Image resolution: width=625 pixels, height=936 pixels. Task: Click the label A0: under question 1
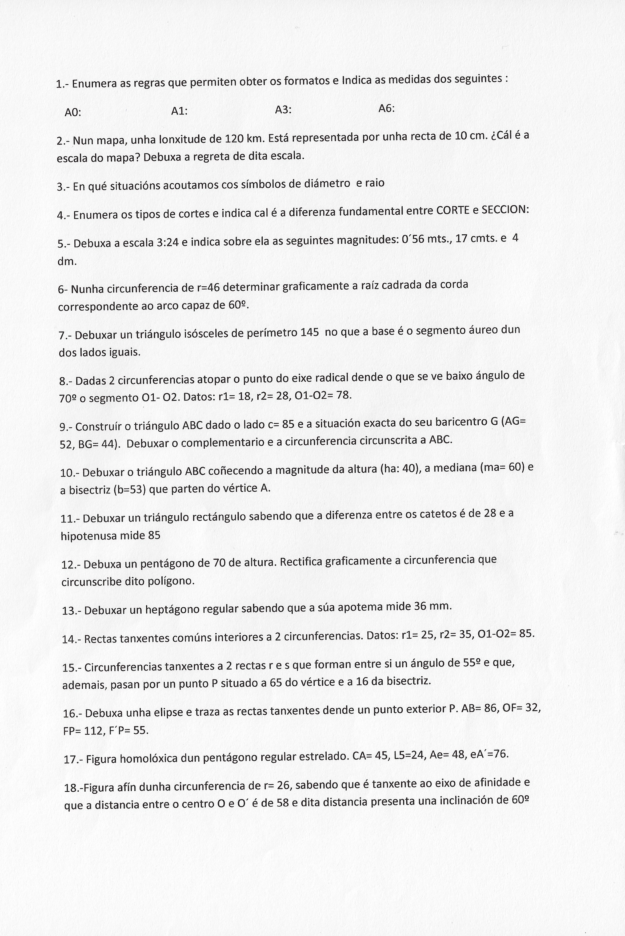[x=73, y=113]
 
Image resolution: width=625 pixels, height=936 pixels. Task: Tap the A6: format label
[x=386, y=109]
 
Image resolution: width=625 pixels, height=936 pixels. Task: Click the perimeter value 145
[x=310, y=332]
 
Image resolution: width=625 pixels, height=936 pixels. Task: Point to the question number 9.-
[x=66, y=427]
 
